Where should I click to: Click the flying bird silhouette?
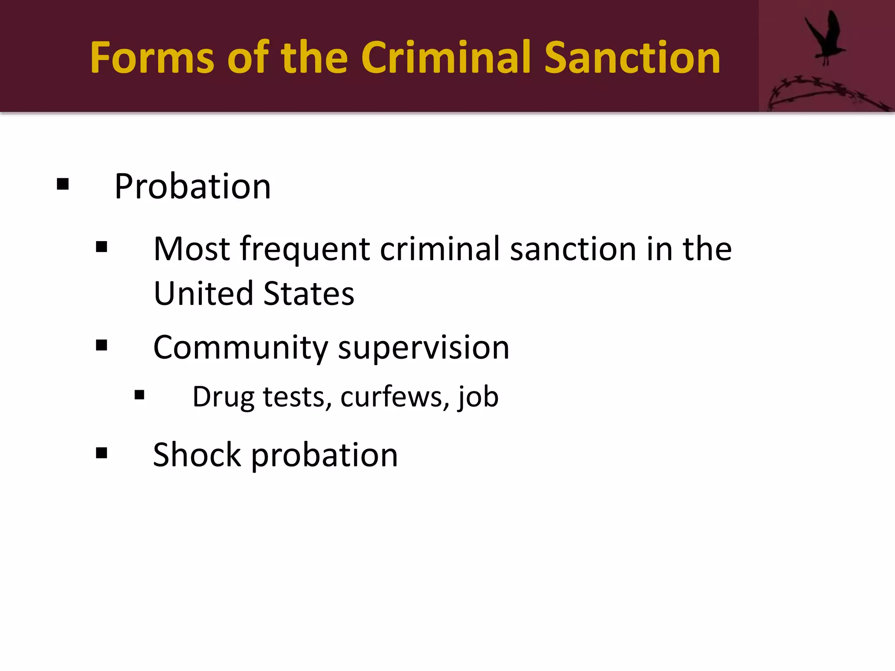(825, 37)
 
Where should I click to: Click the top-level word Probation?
(193, 187)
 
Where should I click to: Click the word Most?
(191, 249)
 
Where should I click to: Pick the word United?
(204, 293)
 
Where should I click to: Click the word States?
(309, 293)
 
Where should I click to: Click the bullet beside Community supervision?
(101, 346)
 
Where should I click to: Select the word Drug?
(223, 397)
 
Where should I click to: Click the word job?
(478, 397)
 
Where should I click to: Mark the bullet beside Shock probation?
(101, 453)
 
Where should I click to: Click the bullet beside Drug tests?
(139, 395)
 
